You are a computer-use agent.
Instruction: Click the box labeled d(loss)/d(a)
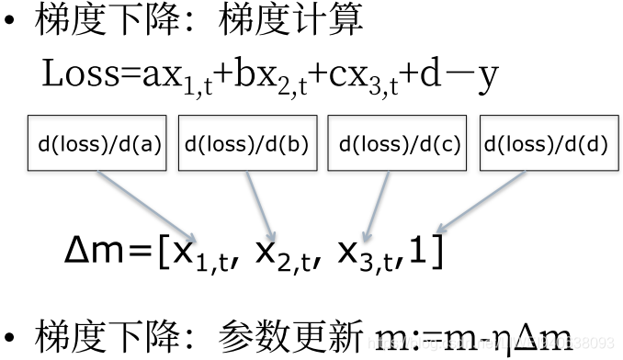pos(99,144)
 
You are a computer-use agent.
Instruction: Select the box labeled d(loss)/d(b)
pos(245,144)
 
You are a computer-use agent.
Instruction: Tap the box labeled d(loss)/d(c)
pos(398,144)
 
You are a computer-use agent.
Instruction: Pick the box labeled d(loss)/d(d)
pos(546,144)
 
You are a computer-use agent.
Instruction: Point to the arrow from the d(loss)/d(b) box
pos(260,204)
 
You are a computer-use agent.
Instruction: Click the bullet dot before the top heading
pos(12,21)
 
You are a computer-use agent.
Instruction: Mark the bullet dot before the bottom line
pos(12,337)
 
